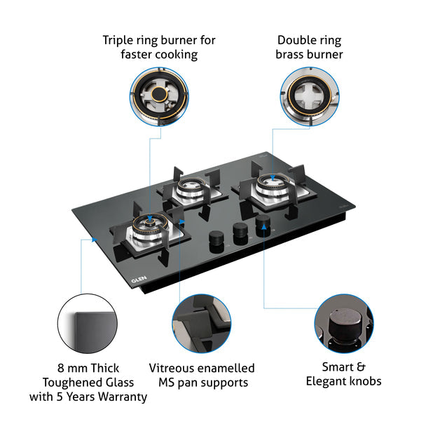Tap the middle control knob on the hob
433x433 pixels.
click(240, 229)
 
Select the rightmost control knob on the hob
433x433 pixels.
click(263, 222)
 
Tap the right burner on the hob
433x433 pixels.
click(269, 184)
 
